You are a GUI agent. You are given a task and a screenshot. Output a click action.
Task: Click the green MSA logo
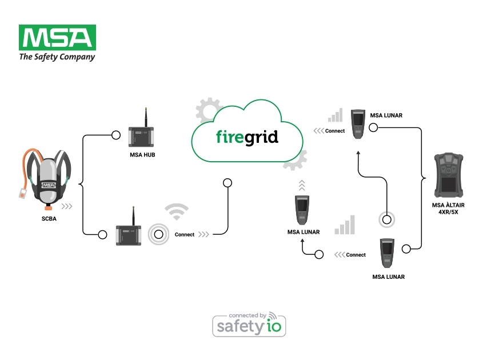pyautogui.click(x=57, y=38)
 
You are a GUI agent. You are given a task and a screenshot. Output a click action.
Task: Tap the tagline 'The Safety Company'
pyautogui.click(x=57, y=57)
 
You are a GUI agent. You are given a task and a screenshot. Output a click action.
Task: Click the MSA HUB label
pyautogui.click(x=143, y=154)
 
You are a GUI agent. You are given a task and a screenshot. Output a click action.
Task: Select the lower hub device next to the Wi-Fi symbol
pyautogui.click(x=129, y=234)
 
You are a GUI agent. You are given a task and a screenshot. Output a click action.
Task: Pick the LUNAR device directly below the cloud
pyautogui.click(x=302, y=210)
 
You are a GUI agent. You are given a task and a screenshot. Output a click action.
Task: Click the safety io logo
pyautogui.click(x=249, y=324)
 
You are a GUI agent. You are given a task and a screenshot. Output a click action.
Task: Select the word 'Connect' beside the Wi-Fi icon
pyautogui.click(x=185, y=235)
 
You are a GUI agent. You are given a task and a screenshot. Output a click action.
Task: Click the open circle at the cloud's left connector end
pyautogui.click(x=227, y=183)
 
